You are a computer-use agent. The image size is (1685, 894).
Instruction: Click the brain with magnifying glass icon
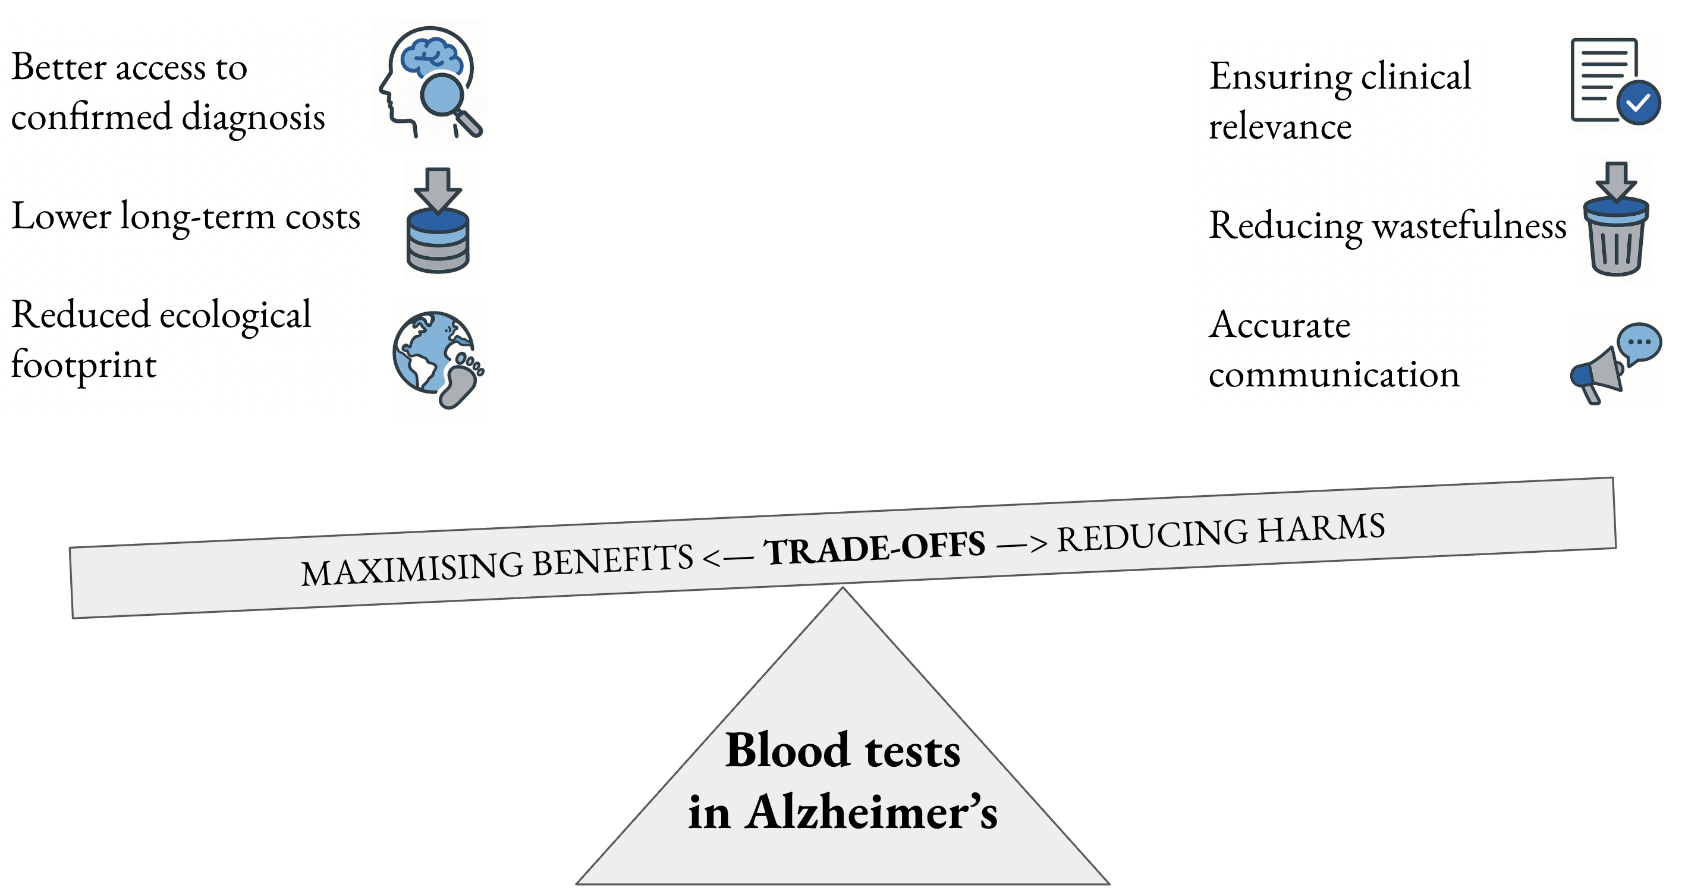(430, 82)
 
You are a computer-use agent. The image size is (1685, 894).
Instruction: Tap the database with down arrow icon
(438, 221)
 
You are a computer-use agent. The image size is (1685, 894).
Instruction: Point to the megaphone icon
(1598, 376)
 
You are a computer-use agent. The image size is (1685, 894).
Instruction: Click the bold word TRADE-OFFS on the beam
(875, 548)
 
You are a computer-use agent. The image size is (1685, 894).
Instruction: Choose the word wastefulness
(1469, 226)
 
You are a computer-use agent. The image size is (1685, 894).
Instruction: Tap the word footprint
(84, 365)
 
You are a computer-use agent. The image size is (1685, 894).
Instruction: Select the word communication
(1334, 374)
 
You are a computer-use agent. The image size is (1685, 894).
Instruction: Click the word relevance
(1280, 126)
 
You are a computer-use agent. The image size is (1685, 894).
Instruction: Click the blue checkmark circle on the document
(1639, 103)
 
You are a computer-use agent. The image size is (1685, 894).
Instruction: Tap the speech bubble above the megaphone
(1639, 342)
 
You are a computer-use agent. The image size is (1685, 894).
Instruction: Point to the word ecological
(235, 315)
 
